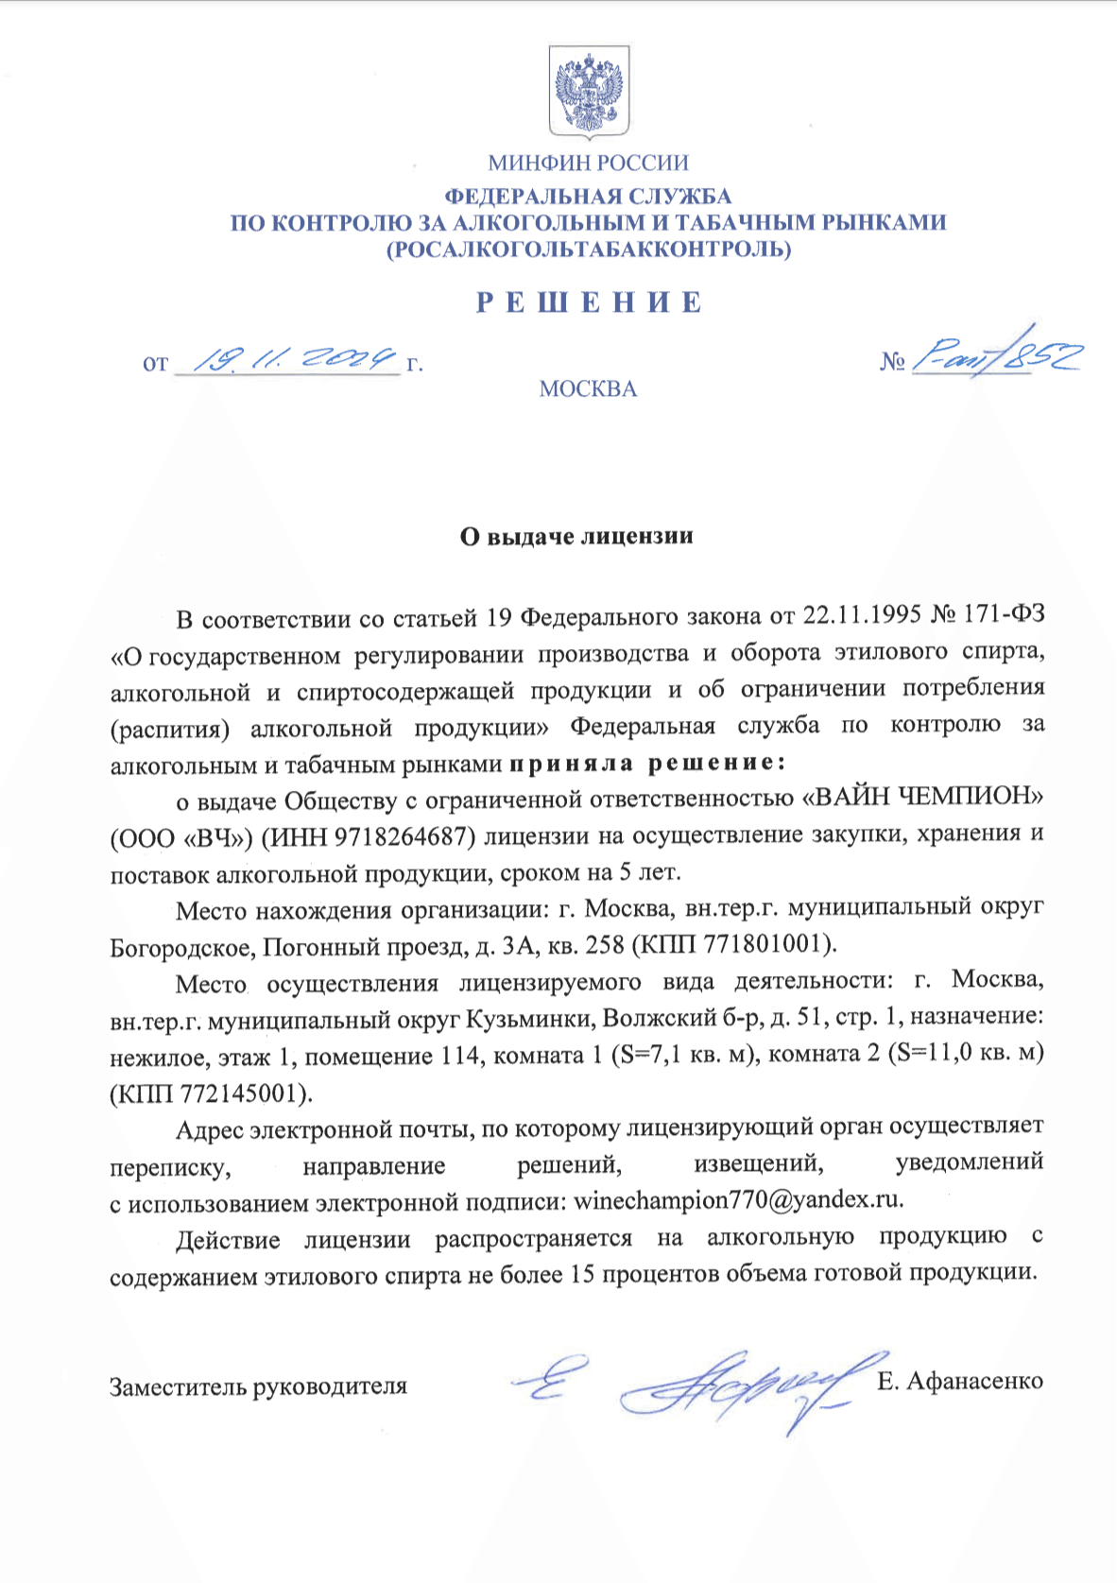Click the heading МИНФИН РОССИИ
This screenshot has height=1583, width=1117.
click(588, 163)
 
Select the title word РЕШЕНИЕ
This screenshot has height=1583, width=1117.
click(589, 302)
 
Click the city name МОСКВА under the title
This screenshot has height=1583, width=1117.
click(588, 389)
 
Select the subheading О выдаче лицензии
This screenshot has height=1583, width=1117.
click(576, 537)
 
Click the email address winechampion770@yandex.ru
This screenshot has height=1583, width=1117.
click(737, 1200)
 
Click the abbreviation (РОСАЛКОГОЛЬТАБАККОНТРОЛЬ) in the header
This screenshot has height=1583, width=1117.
click(588, 249)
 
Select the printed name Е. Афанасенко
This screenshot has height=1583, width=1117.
click(959, 1381)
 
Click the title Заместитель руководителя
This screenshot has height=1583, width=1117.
click(258, 1386)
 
